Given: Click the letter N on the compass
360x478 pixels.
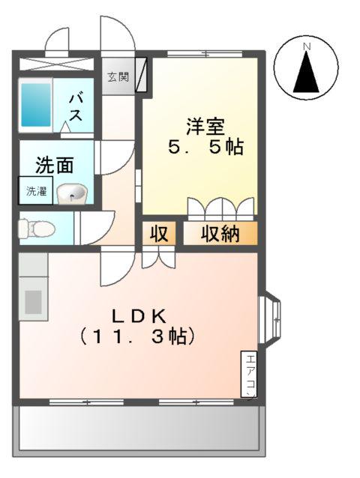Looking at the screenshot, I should [x=306, y=48].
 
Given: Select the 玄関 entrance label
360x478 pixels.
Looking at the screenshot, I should [x=118, y=77].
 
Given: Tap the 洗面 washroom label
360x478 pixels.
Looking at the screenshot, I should [x=55, y=164].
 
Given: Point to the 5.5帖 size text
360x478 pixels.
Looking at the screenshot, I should [x=205, y=147].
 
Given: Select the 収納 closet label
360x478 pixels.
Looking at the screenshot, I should [x=220, y=235].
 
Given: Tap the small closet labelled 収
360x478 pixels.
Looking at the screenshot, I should [x=160, y=235].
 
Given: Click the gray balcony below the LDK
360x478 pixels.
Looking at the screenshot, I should [x=139, y=429].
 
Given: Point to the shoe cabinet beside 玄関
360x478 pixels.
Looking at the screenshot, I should [x=142, y=76].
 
